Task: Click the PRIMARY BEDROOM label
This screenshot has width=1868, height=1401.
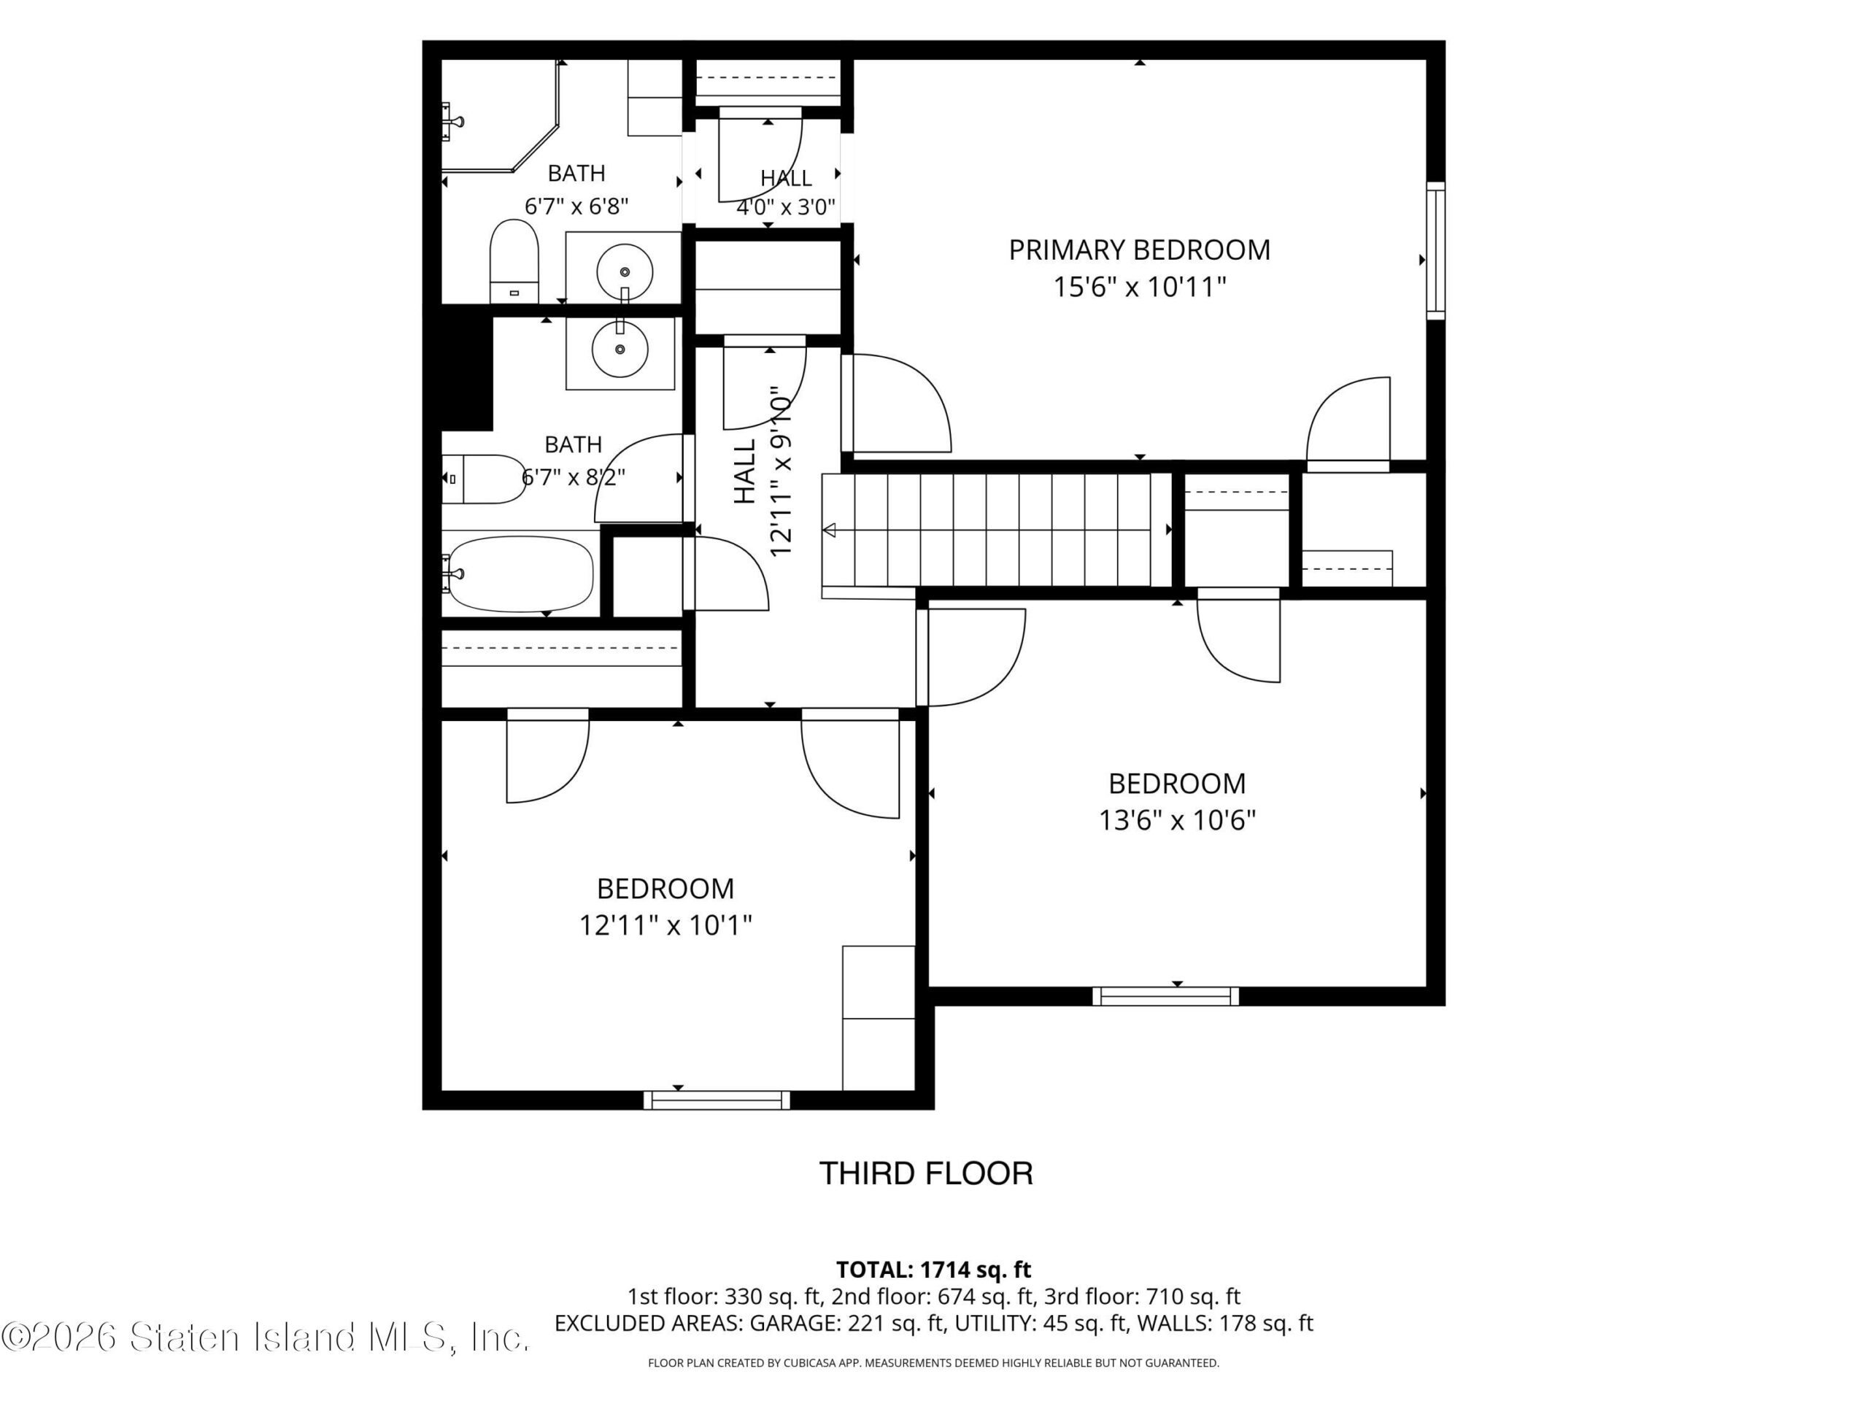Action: (x=1139, y=250)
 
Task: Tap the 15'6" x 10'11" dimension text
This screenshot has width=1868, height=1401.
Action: (x=1139, y=287)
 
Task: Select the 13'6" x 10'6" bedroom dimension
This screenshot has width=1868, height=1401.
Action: (x=1177, y=820)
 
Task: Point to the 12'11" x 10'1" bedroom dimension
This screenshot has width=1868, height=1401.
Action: (x=665, y=925)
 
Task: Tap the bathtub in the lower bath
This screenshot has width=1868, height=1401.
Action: (x=519, y=574)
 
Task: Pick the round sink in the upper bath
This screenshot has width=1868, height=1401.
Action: (x=624, y=272)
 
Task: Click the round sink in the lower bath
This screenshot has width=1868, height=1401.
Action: (x=620, y=349)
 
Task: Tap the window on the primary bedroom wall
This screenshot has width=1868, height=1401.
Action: (x=1435, y=251)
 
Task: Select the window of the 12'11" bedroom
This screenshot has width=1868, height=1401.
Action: (x=717, y=1100)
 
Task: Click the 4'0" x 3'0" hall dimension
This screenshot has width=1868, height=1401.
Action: (x=786, y=207)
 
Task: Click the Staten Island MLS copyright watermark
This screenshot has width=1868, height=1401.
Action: (x=265, y=1337)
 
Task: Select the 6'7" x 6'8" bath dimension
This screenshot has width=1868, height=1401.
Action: (x=576, y=206)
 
